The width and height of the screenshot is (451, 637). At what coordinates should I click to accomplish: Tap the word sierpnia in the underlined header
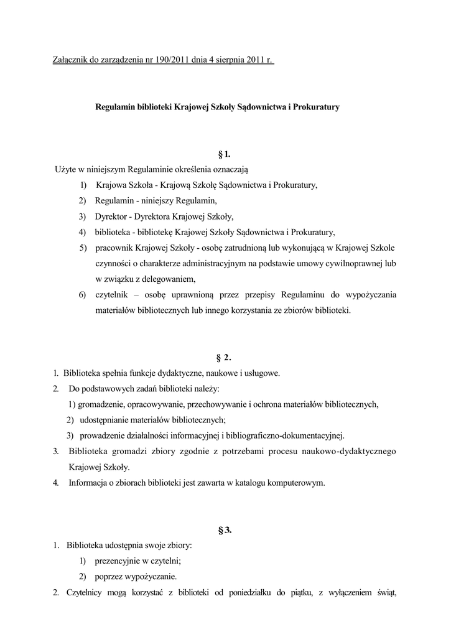click(226, 60)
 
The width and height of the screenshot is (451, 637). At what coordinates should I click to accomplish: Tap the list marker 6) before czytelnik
click(83, 294)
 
